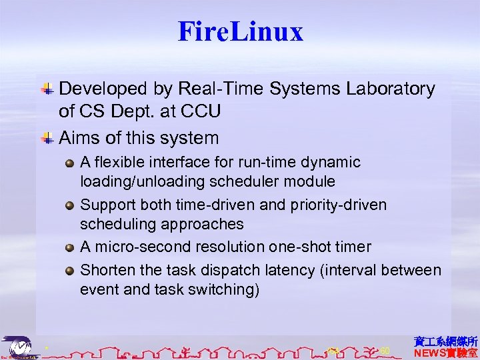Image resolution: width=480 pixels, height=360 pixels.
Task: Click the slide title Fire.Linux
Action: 240,31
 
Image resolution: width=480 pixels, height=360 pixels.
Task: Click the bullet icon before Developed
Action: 47,88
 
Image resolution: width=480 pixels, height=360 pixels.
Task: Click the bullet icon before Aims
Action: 47,138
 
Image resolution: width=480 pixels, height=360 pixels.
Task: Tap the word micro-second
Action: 135,247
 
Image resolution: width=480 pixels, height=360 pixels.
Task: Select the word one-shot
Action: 293,247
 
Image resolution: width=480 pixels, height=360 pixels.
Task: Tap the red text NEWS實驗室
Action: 445,353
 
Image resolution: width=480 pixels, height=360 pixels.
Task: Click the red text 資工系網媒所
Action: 445,341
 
